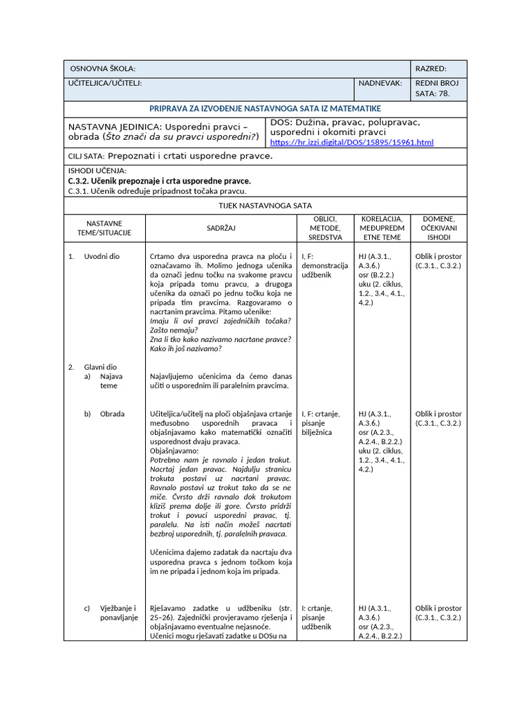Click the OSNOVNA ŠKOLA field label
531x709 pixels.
[x=102, y=69]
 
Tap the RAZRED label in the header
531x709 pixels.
[x=430, y=69]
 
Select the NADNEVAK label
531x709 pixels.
[x=380, y=82]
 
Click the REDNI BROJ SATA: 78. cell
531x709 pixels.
[x=438, y=88]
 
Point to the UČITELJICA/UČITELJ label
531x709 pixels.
[x=105, y=82]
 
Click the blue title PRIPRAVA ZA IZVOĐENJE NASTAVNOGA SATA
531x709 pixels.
[x=265, y=109]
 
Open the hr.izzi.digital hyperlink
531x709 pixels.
[x=351, y=143]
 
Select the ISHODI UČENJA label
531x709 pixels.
[x=97, y=170]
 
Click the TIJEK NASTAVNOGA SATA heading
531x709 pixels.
[x=265, y=205]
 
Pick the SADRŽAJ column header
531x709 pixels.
[x=221, y=228]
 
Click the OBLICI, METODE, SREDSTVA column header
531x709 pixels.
[x=324, y=228]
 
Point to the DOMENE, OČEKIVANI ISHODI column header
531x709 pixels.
[x=438, y=228]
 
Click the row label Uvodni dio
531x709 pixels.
[x=102, y=256]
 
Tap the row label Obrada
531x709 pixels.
[x=112, y=414]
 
